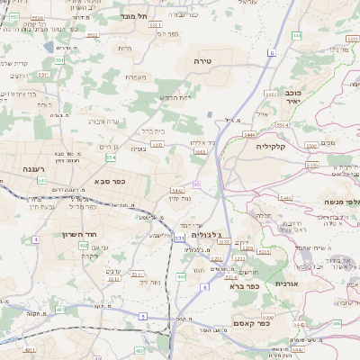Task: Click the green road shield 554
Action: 111,157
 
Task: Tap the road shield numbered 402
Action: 84,245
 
